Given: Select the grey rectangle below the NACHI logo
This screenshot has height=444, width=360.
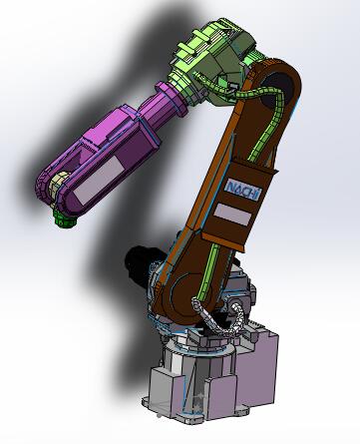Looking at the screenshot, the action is pos(233,215).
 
